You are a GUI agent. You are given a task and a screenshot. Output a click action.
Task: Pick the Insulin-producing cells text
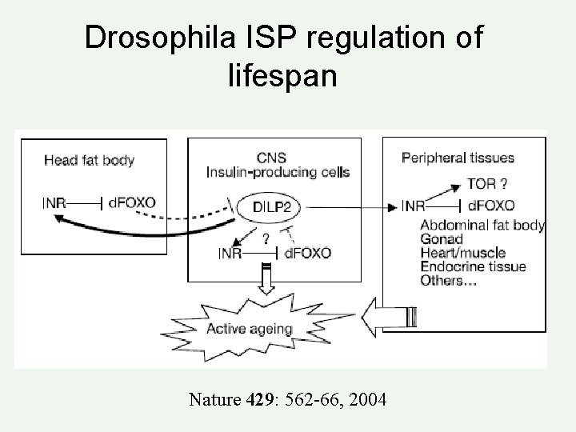click(278, 173)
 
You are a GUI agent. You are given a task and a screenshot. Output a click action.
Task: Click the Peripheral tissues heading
click(458, 158)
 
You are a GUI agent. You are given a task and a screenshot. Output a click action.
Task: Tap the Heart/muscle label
click(462, 253)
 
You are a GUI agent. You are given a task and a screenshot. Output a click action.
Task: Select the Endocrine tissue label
click(472, 267)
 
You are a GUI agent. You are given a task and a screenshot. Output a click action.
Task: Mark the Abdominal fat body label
click(482, 225)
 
